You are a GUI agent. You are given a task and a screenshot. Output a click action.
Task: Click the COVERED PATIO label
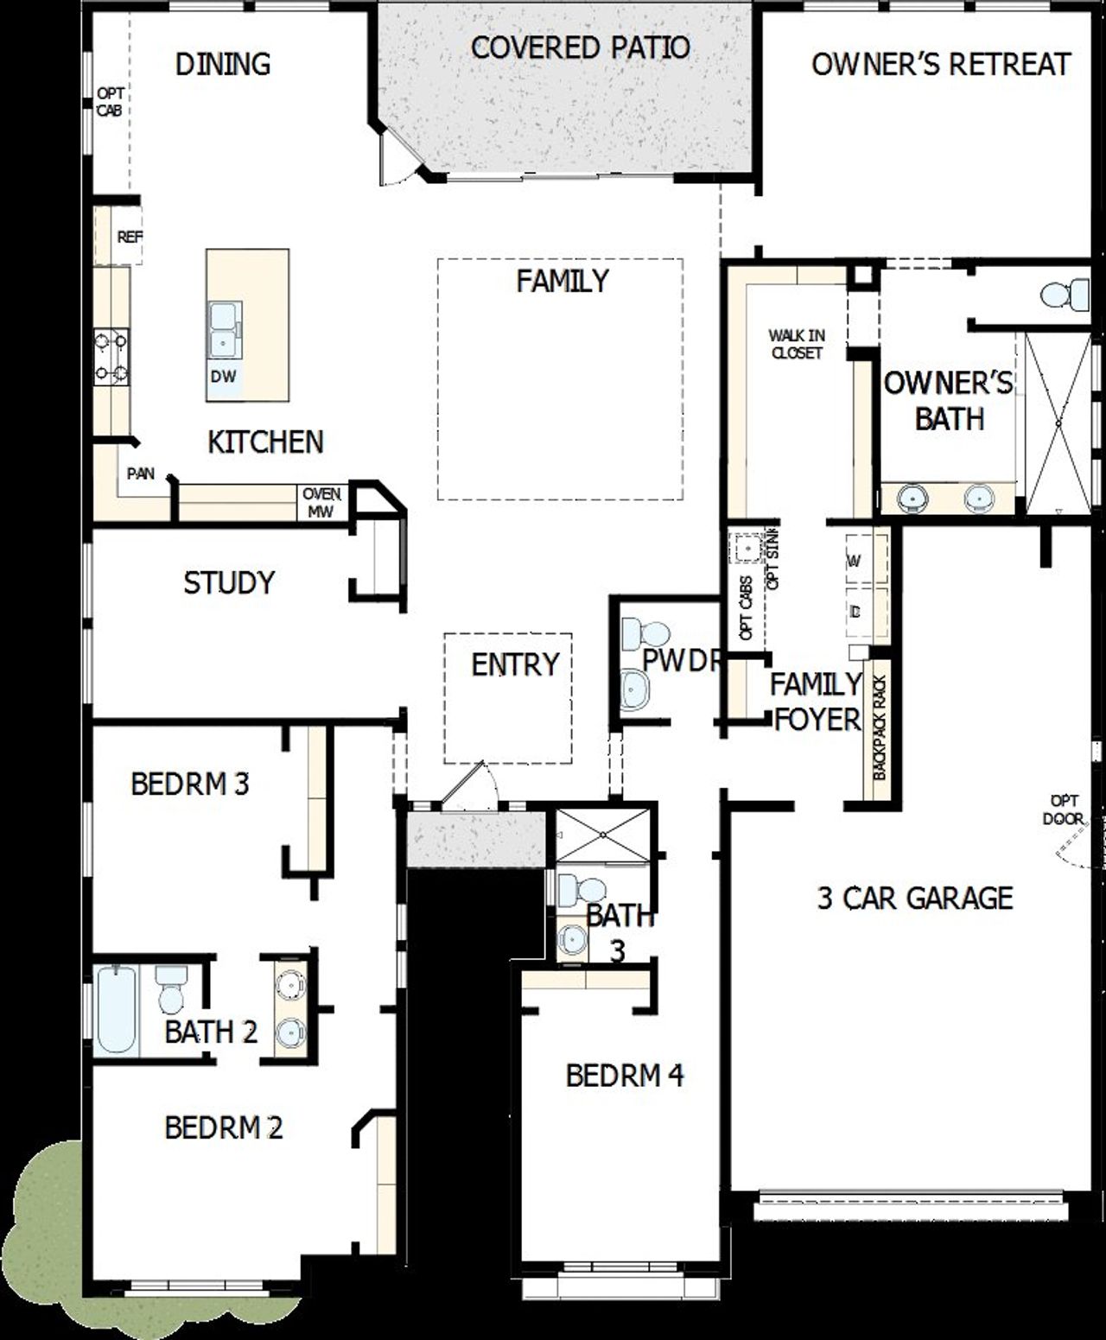point(580,48)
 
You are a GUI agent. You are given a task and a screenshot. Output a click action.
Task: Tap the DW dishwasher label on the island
point(222,377)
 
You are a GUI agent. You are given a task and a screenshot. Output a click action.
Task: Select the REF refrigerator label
point(130,237)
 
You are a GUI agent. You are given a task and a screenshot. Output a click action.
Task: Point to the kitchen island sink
point(224,330)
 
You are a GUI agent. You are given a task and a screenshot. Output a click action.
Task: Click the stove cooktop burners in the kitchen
point(112,357)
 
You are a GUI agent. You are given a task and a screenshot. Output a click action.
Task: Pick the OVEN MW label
point(321,503)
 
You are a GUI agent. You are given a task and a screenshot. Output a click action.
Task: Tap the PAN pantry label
point(141,473)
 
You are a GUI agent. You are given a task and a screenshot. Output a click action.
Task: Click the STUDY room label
point(229,583)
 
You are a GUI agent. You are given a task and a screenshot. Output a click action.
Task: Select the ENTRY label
point(515,664)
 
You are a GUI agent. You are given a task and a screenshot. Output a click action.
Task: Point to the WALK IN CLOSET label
point(797,344)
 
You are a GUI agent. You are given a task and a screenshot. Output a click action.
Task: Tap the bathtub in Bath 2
point(116,1009)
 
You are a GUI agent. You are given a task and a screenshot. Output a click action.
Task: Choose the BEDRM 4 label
point(625,1076)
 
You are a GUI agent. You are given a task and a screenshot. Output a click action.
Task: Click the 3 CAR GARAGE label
point(914,899)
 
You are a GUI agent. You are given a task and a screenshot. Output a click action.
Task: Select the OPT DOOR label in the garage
point(1064,809)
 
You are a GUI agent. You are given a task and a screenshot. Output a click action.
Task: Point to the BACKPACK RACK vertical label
point(880,728)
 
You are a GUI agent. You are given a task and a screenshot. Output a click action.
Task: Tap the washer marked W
point(855,562)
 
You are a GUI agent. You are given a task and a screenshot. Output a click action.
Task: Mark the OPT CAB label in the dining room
point(110,102)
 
